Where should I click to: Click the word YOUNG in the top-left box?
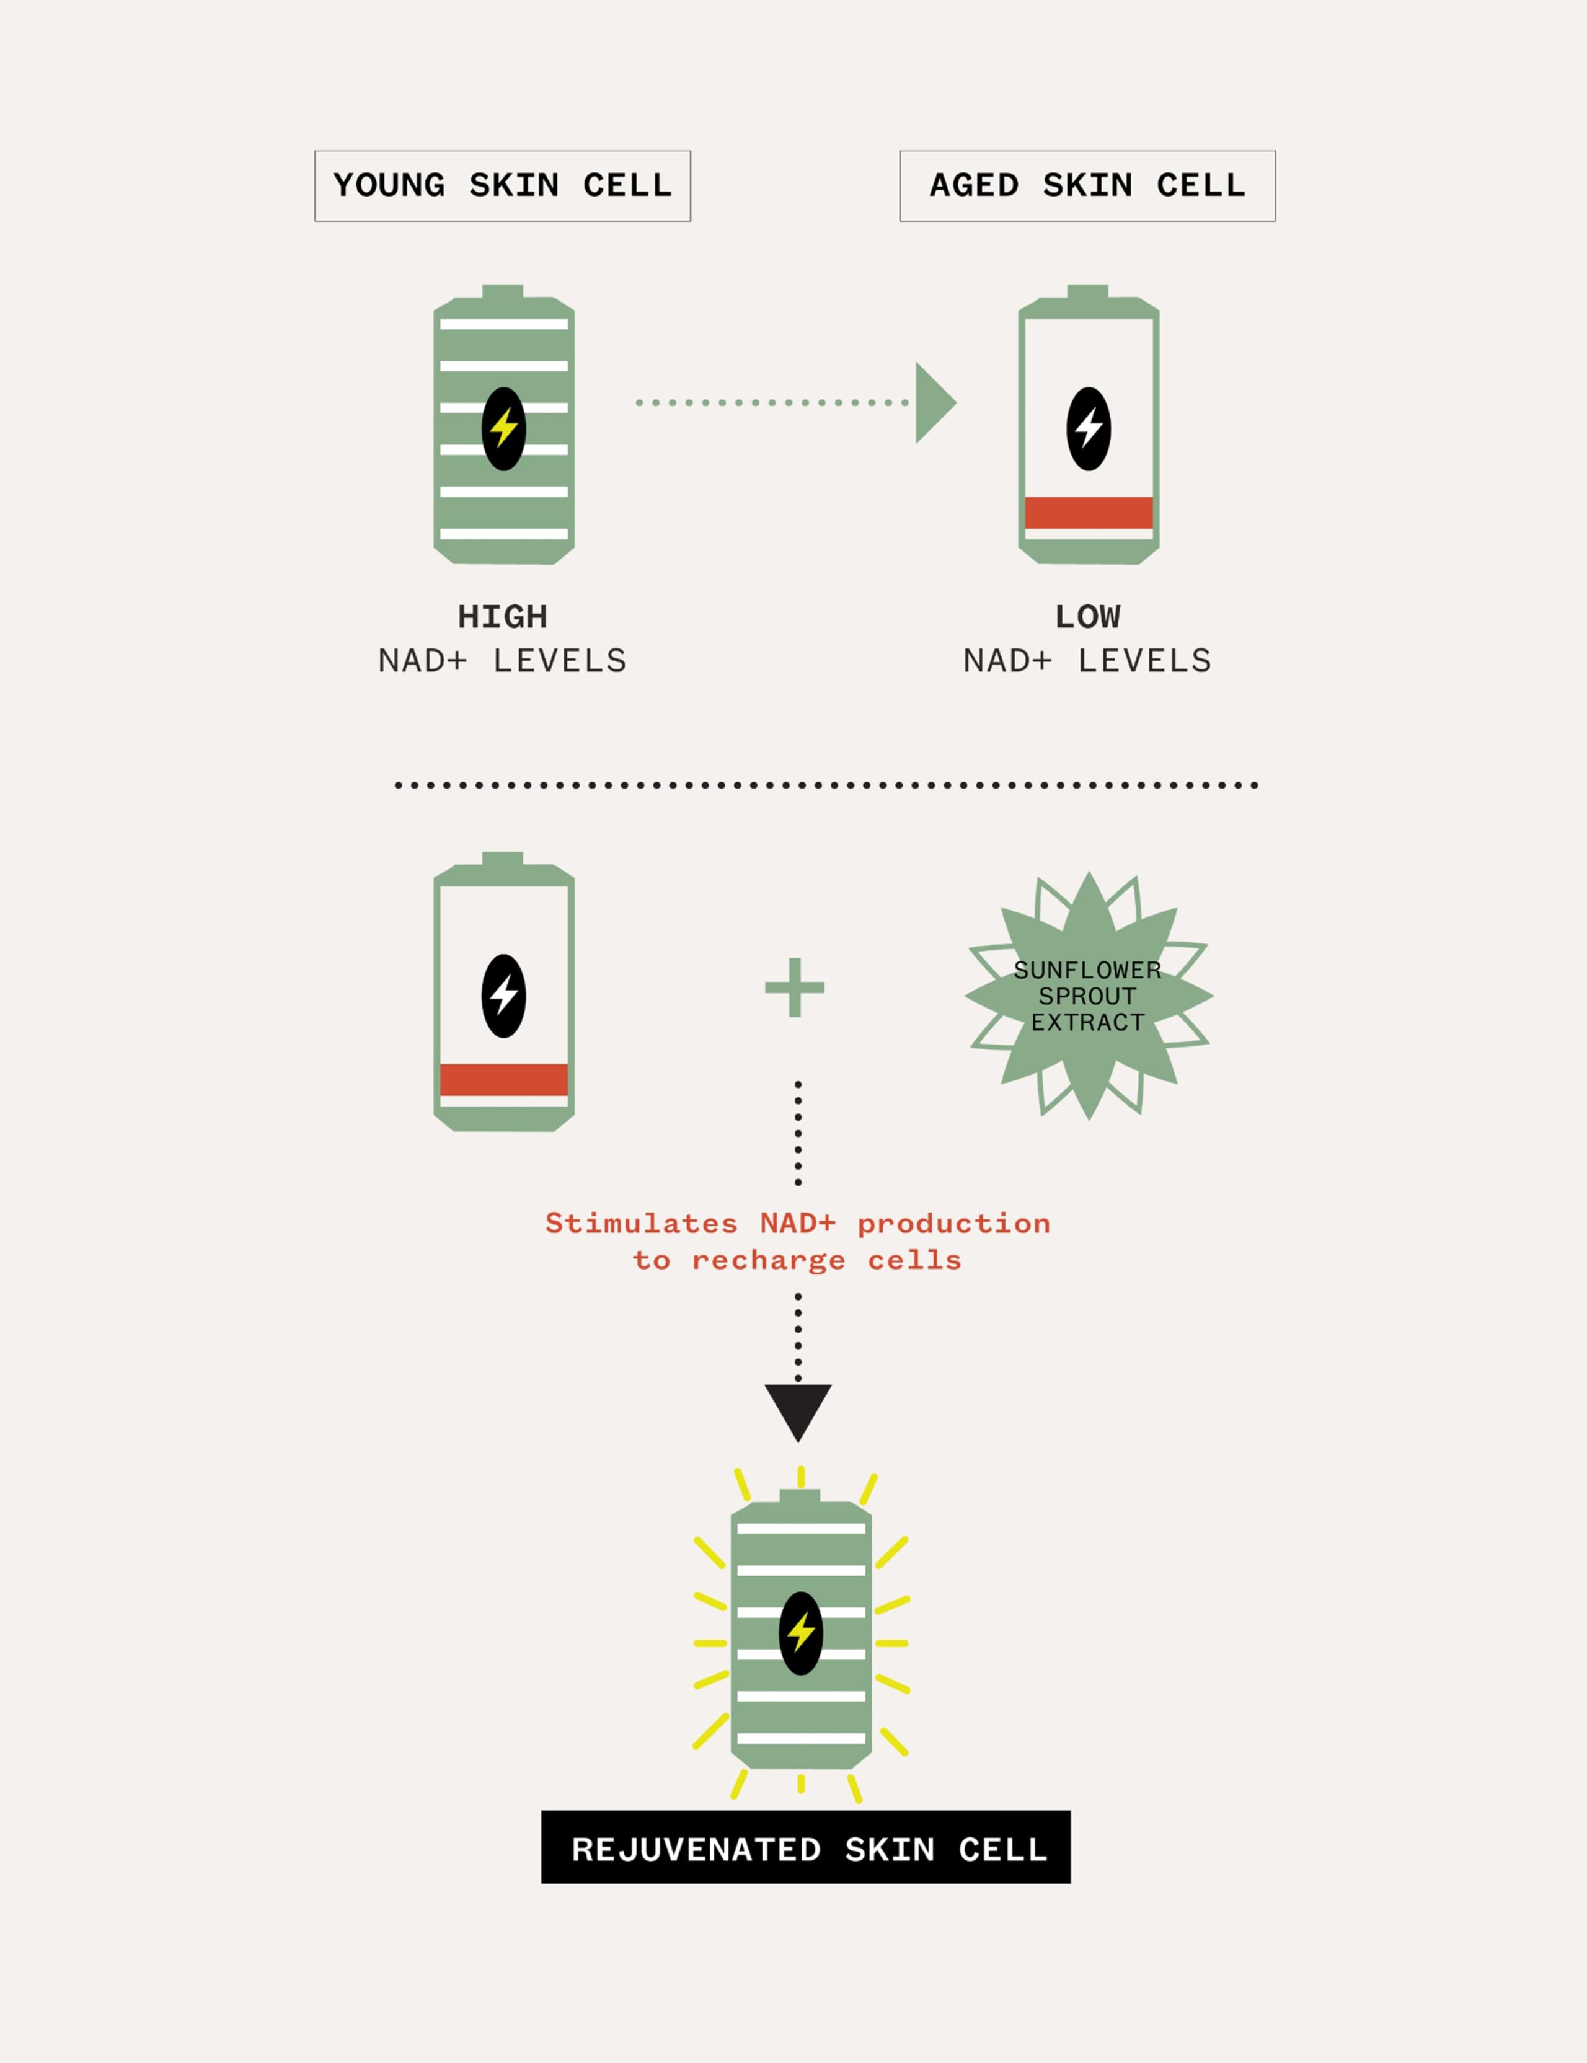(389, 185)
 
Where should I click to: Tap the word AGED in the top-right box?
(975, 185)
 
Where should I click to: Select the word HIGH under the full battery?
(503, 617)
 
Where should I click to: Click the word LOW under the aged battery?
(1088, 617)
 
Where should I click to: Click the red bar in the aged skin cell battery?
(1088, 513)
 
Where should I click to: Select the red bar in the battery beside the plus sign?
(503, 1080)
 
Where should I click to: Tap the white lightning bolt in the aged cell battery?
(1089, 428)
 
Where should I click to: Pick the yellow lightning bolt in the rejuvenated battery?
(801, 1632)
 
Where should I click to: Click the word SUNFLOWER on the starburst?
(1087, 970)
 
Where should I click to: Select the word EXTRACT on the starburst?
(1087, 1022)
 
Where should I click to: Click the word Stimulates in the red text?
(642, 1223)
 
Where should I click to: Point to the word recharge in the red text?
(768, 1261)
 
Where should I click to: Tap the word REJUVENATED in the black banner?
(696, 1850)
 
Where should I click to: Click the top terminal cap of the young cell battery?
(503, 291)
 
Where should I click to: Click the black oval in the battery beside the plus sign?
(503, 996)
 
